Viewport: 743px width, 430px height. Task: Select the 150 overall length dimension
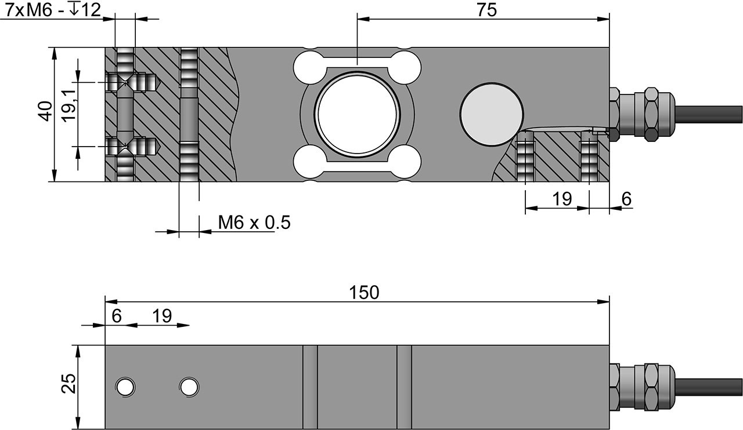(364, 293)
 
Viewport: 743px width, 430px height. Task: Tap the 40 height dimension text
(46, 111)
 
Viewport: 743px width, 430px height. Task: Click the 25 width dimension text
(68, 384)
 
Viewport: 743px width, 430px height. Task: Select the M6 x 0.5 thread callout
(254, 223)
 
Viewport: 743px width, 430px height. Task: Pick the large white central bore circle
(358, 114)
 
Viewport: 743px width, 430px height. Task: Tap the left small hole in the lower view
(125, 387)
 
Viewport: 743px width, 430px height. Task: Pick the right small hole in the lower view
(189, 387)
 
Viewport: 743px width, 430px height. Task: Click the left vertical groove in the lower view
(311, 387)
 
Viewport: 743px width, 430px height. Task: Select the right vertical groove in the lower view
(405, 387)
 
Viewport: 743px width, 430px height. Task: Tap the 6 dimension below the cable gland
(626, 199)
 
